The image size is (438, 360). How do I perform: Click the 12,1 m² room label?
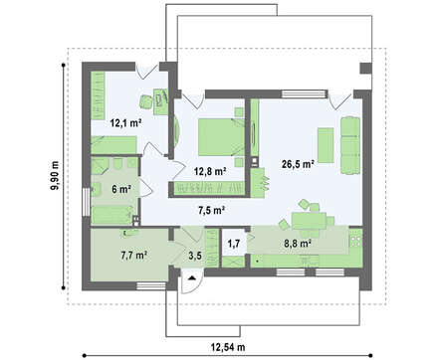coord(126,123)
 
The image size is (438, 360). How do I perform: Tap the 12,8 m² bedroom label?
coord(210,171)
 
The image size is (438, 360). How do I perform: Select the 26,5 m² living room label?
coord(298,163)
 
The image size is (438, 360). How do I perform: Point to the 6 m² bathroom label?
coord(120,189)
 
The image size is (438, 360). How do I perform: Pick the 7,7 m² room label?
coord(134,256)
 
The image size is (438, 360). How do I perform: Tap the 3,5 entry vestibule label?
coord(194,256)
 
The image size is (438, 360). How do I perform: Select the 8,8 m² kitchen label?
coord(298,244)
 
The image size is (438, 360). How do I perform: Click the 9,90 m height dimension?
coord(55,175)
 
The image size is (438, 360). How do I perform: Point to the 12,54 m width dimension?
coord(228,347)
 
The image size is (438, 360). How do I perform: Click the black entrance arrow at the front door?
coord(192,277)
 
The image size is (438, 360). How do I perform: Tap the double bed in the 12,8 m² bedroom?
coord(222,137)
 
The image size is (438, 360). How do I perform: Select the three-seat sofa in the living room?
coord(350,145)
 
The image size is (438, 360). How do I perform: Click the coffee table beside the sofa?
coord(326,145)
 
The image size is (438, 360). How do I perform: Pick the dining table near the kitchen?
coord(309,221)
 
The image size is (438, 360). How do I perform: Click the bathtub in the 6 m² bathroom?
coord(112,215)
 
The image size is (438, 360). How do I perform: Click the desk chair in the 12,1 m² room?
coord(145,101)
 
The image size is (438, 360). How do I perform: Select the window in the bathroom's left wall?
coord(86,202)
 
